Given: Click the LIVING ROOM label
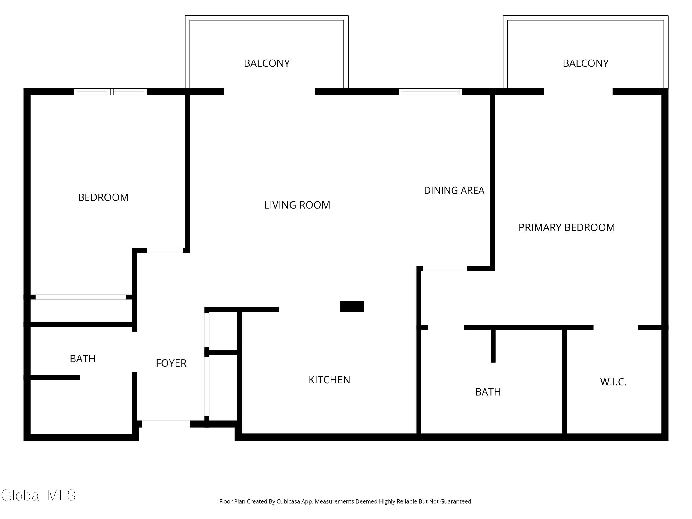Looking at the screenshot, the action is [x=297, y=205].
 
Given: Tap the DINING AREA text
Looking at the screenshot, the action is [x=454, y=190].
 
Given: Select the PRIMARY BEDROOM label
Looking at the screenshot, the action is [x=567, y=227].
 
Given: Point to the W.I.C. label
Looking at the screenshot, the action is [x=613, y=382].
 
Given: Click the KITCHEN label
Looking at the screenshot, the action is [x=329, y=380].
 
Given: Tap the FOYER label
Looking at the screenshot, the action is [x=171, y=363].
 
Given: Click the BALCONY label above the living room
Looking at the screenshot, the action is [x=267, y=63].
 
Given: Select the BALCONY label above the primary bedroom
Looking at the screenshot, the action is [x=586, y=63].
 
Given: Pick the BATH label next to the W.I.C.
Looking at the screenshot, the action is [x=488, y=392].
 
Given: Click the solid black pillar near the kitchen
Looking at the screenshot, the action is [x=352, y=306].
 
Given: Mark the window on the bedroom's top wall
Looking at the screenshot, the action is [x=110, y=92].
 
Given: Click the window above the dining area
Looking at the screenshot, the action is [x=430, y=92].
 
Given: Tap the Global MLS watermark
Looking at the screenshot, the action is [x=38, y=495].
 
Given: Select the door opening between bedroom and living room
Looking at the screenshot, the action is [x=165, y=250].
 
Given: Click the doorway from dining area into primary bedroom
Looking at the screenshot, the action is [x=445, y=268].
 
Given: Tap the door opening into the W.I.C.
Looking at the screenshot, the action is [x=615, y=327].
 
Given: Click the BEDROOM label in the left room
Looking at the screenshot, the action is [x=103, y=197].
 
